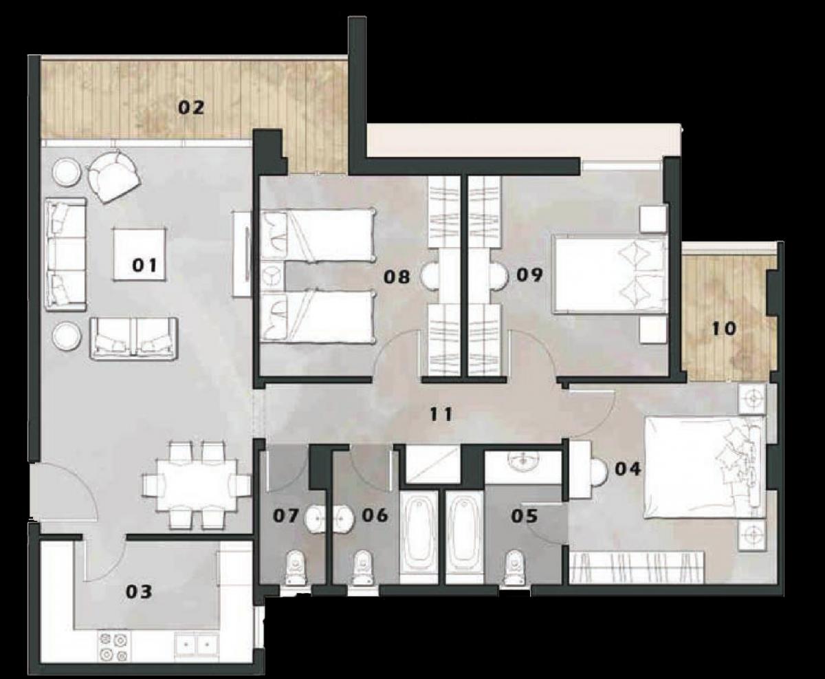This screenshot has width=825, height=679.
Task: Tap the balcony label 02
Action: coord(192,107)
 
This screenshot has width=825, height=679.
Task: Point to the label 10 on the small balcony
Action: coord(723,329)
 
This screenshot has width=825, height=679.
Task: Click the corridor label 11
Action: coord(440,414)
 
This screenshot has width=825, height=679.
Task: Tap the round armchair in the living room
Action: coord(113,176)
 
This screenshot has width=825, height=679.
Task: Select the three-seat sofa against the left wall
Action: coord(66,254)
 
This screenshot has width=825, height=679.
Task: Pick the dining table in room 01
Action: coord(196,485)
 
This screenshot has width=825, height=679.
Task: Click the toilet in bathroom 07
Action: coord(296,568)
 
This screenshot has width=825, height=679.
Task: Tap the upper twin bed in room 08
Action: coord(318,235)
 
